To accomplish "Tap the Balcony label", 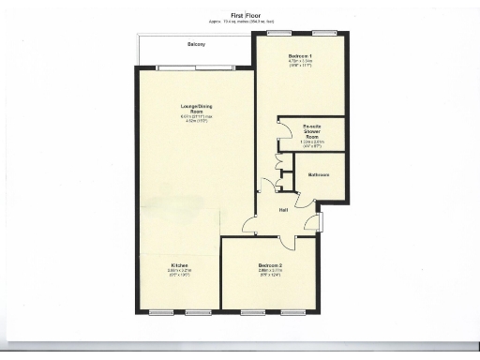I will [196, 45].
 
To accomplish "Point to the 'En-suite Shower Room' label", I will [312, 130].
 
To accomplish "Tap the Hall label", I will [282, 210].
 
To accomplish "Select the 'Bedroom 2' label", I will [270, 265].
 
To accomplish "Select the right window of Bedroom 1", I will [324, 32].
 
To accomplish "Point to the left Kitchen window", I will [160, 310].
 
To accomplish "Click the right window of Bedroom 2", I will [293, 310].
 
